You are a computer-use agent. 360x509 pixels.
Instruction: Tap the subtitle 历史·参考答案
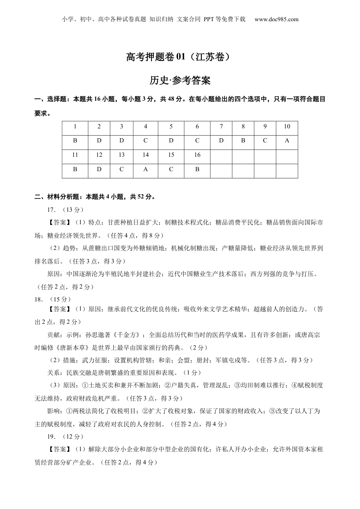tap(180, 80)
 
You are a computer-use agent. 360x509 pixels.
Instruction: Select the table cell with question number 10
tap(287, 126)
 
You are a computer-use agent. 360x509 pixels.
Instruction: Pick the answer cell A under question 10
tap(287, 141)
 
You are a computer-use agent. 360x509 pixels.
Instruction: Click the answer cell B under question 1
tap(75, 141)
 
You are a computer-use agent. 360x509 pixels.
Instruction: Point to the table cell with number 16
tap(197, 155)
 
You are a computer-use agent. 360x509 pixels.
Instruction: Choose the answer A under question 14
tap(146, 169)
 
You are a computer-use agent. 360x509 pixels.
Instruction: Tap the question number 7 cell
tap(221, 126)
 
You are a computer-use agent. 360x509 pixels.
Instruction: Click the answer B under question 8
tap(243, 141)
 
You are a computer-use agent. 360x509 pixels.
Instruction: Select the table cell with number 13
tap(121, 155)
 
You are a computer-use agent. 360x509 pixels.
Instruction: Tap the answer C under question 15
tap(171, 169)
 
